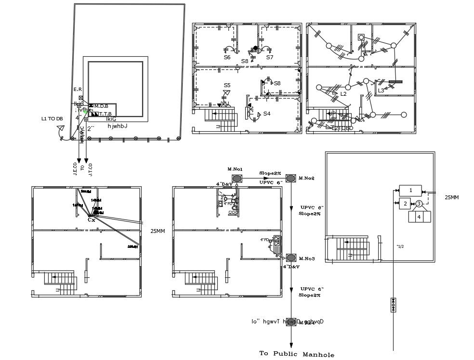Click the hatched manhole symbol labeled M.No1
(236, 178)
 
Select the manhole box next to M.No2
(290, 179)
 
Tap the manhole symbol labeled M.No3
(290, 257)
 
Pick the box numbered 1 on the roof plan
(411, 191)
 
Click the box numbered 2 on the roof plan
(406, 204)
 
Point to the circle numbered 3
(419, 204)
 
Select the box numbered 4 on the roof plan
(419, 217)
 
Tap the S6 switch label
(227, 57)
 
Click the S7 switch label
(270, 57)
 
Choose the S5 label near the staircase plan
(227, 85)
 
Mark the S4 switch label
(266, 114)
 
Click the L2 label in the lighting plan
(343, 94)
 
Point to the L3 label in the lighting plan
(381, 90)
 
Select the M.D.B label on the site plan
(101, 106)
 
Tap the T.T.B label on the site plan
(105, 114)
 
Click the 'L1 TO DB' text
(52, 118)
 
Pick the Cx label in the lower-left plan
(91, 220)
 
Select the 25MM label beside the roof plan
(452, 198)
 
